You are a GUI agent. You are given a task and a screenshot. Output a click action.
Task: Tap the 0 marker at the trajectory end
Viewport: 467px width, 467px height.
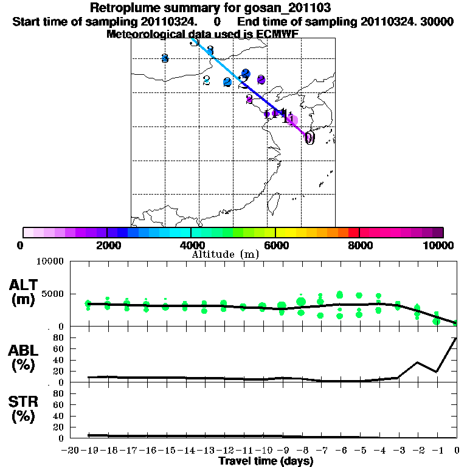coord(310,138)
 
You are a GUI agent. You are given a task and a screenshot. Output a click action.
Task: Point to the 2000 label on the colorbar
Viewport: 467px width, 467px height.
coord(107,246)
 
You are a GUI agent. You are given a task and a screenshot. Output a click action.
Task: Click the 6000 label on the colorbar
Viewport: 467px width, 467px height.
coord(275,246)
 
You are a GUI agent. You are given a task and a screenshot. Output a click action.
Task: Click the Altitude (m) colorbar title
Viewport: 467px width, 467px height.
coord(226,254)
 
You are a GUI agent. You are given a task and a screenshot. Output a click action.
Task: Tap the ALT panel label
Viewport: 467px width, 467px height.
coord(24,285)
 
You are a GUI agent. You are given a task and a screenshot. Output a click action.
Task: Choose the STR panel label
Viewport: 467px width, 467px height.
coord(24,403)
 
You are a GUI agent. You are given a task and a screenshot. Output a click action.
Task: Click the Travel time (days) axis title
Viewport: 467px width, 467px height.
coord(266,462)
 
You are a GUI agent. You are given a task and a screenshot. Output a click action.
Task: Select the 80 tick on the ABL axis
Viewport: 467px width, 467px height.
coord(60,337)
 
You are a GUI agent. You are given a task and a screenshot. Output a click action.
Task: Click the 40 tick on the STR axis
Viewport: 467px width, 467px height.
coord(60,416)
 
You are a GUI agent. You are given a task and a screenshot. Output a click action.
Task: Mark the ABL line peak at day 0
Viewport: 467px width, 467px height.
coord(457,338)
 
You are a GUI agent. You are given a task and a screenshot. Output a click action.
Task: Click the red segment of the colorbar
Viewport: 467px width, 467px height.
coord(353,232)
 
